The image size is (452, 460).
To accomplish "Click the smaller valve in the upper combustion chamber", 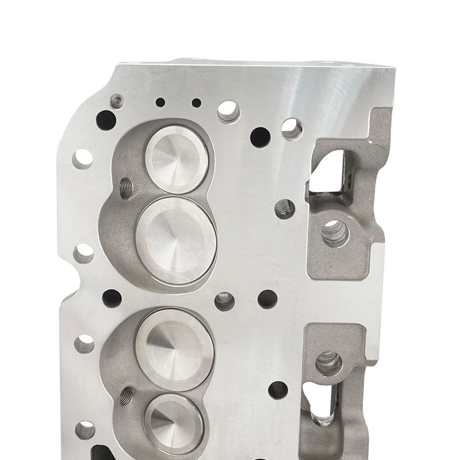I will pos(177,159).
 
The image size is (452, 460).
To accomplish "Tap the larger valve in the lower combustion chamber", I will pos(175,349).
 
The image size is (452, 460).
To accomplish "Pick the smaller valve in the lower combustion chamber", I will pos(174,424).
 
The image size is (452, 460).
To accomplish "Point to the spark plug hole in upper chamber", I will pos(126,187).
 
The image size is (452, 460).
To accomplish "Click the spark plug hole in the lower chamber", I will pos(127,395).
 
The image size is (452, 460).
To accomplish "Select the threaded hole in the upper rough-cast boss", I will pos(335,233).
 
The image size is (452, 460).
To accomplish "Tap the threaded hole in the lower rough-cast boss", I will pos(329,363).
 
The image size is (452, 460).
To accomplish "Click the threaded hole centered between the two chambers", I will pos(224,301).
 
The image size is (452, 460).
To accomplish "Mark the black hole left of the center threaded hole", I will pos(112,298).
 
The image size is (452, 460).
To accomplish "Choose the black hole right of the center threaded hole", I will pos(267,299).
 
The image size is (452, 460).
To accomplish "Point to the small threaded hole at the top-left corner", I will pos(117,101).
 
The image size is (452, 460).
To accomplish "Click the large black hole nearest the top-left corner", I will pos(106,120).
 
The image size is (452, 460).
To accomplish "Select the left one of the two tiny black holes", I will pos(160,102).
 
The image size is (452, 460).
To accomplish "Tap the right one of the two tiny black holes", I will pos(197,102).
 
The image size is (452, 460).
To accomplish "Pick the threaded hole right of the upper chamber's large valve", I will pos(285,208).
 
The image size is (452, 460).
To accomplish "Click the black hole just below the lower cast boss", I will pos(278,390).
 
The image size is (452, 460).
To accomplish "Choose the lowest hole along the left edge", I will pos(85,429).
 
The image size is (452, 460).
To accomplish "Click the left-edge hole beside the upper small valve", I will pos(83,158).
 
